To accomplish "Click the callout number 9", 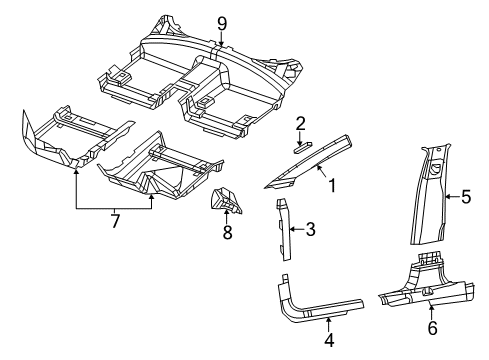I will (222, 21).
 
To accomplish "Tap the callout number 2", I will (300, 123).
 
